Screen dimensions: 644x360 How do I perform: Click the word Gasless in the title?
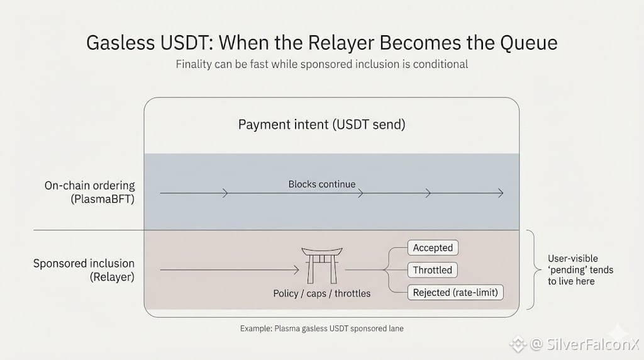[121, 43]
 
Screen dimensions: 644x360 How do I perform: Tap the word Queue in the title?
[529, 43]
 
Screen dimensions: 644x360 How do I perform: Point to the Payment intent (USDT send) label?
[321, 125]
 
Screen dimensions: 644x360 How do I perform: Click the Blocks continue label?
[321, 184]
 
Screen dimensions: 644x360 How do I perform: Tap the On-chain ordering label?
[89, 186]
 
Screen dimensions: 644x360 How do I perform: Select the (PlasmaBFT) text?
[103, 200]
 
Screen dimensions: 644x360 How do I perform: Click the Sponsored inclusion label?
[84, 264]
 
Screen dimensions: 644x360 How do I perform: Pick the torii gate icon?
[321, 265]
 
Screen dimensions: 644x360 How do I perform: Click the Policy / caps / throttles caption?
[321, 293]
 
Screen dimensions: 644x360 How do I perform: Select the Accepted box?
[433, 248]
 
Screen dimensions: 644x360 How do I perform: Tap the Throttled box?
[433, 270]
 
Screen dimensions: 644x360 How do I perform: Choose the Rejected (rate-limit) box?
[455, 292]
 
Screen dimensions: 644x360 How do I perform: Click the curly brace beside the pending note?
[533, 269]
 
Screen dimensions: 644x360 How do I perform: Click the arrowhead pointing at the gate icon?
[296, 270]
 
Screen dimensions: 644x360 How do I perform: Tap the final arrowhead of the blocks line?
[501, 193]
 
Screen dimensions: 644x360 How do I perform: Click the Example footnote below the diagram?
[321, 329]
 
